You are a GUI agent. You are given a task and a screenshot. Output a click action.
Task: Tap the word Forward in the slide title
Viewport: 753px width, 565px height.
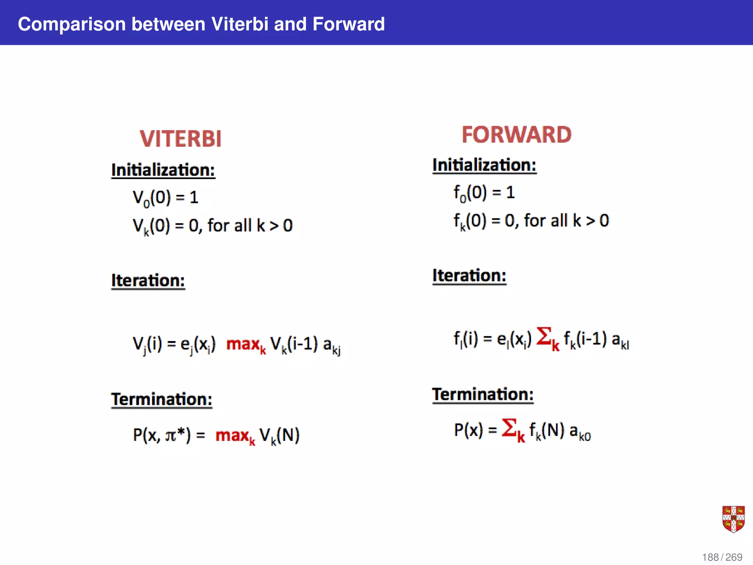click(x=348, y=24)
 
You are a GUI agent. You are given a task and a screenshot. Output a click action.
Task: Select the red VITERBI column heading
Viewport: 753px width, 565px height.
click(x=181, y=139)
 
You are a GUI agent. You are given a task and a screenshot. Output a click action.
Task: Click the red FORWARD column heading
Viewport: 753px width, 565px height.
click(x=517, y=135)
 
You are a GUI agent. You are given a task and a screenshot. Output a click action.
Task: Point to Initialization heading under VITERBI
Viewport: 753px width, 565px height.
click(x=163, y=170)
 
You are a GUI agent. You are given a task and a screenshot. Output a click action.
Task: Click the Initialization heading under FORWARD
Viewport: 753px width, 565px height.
click(x=484, y=165)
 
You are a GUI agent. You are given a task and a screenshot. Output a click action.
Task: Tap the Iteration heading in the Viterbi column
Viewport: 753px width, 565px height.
click(x=148, y=281)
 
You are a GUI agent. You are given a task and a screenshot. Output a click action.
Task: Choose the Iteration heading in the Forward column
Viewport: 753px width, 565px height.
click(x=469, y=276)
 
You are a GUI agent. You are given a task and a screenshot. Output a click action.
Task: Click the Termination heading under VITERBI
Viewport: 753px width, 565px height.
click(x=162, y=399)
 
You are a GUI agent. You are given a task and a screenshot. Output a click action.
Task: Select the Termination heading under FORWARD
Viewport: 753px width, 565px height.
click(x=483, y=395)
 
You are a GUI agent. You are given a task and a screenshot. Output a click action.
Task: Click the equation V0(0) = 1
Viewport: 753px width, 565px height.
click(x=165, y=198)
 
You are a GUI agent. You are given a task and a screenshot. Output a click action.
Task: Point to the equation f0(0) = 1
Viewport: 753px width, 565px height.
click(x=484, y=193)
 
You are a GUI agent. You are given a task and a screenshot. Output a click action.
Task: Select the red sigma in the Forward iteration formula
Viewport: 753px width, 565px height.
click(x=545, y=336)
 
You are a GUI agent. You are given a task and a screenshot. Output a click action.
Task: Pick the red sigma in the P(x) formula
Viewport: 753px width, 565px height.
click(x=510, y=428)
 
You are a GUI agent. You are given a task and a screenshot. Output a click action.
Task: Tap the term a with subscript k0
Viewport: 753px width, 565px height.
click(x=580, y=431)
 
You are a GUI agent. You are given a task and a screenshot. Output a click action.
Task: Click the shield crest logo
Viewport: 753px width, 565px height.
click(x=733, y=519)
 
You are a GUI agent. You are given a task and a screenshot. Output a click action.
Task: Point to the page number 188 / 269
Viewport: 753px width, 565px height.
click(x=722, y=557)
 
